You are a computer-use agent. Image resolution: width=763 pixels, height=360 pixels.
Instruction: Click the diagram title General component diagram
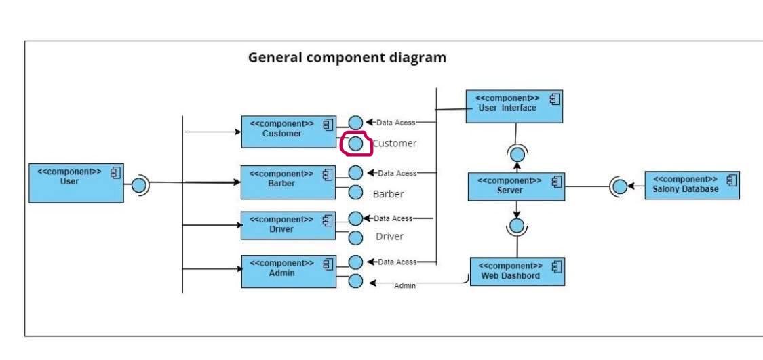[x=347, y=58]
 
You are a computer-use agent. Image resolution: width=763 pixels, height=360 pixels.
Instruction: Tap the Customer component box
[x=288, y=132]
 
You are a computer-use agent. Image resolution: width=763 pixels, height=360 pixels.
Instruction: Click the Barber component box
[x=288, y=182]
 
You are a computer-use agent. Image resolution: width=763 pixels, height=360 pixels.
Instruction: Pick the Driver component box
[x=288, y=225]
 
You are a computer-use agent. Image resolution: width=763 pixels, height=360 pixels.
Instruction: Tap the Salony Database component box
[x=691, y=184]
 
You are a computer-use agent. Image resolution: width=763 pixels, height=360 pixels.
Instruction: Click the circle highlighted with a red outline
[x=355, y=143]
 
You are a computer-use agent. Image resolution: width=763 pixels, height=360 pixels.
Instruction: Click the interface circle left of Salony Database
[x=620, y=186]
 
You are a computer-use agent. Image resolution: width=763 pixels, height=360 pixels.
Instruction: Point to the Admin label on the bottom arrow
[x=405, y=286]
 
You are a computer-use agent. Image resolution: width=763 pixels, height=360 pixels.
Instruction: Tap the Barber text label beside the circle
[x=388, y=194]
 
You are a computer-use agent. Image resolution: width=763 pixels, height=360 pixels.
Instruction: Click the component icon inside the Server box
[x=557, y=182]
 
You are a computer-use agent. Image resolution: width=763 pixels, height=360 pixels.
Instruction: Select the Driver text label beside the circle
[x=389, y=237]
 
